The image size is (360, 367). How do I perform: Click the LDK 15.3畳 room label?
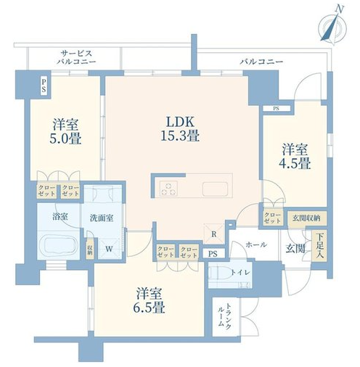(x=180, y=129)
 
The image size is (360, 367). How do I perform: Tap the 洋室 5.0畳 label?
(x=65, y=132)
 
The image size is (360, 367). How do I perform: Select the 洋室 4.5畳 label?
(x=295, y=156)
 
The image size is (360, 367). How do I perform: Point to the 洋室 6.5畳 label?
(x=149, y=300)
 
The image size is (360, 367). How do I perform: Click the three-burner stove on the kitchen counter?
(x=168, y=189)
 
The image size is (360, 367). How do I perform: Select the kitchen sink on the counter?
(x=215, y=189)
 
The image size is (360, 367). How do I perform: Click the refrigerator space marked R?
(x=213, y=234)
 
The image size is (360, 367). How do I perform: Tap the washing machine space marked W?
(x=110, y=249)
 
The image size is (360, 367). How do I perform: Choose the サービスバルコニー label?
(x=76, y=57)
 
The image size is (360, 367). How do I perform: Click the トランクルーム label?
(x=224, y=316)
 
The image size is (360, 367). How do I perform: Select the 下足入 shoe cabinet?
(x=319, y=247)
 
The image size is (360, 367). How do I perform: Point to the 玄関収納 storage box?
(x=307, y=218)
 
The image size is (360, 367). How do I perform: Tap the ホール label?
(x=256, y=244)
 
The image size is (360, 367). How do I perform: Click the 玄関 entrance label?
(x=295, y=248)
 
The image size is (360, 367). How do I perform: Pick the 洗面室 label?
(x=102, y=218)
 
